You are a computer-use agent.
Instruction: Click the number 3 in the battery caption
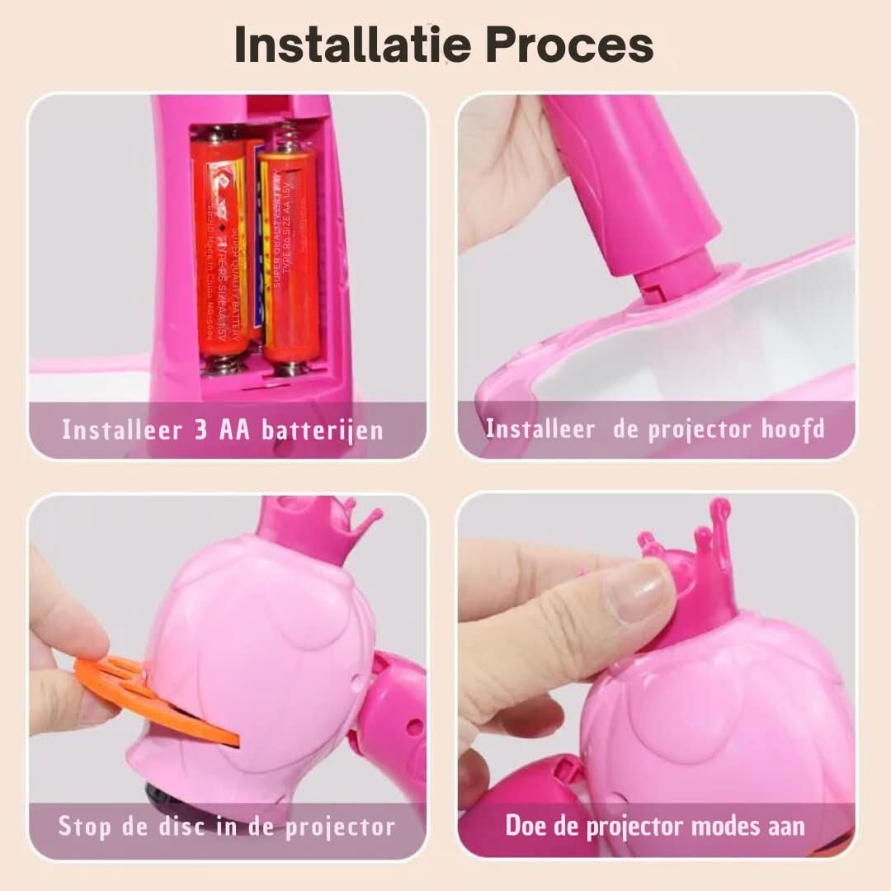[201, 430]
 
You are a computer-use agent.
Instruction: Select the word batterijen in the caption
[323, 431]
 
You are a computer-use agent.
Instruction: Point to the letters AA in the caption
[236, 430]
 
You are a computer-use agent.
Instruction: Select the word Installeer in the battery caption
[121, 430]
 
